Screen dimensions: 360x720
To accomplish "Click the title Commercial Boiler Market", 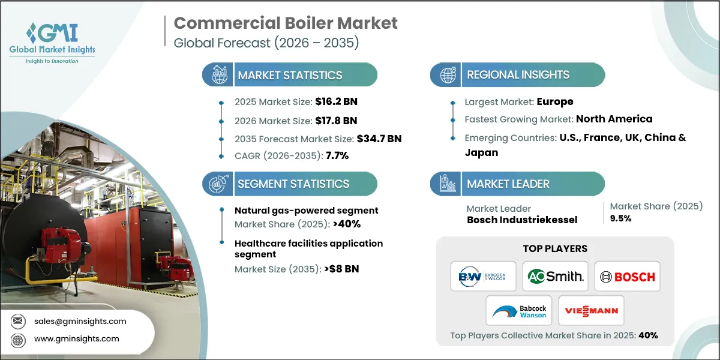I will pos(285,23).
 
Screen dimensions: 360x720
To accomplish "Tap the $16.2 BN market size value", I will pos(336,101).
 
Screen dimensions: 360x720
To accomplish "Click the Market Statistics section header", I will pos(290,75).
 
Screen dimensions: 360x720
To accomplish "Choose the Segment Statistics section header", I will pos(293,184).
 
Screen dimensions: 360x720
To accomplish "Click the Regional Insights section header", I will pos(518,75).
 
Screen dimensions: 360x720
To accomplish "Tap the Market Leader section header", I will pos(508,184).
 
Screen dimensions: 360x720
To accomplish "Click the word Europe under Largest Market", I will pos(555,101).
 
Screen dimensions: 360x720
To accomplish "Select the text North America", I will pos(614,119).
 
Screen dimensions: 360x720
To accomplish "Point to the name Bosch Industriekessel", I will pos(522,220).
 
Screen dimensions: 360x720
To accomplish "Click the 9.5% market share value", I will pos(620,218).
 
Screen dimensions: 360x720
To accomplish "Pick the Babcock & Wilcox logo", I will pos(484,277).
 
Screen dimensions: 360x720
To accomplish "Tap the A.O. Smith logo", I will pos(555,277).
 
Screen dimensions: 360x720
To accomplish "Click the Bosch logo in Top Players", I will pos(628,277).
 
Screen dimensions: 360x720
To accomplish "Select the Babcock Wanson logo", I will pos(519,310).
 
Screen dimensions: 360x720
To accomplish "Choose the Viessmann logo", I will pos(591,310).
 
